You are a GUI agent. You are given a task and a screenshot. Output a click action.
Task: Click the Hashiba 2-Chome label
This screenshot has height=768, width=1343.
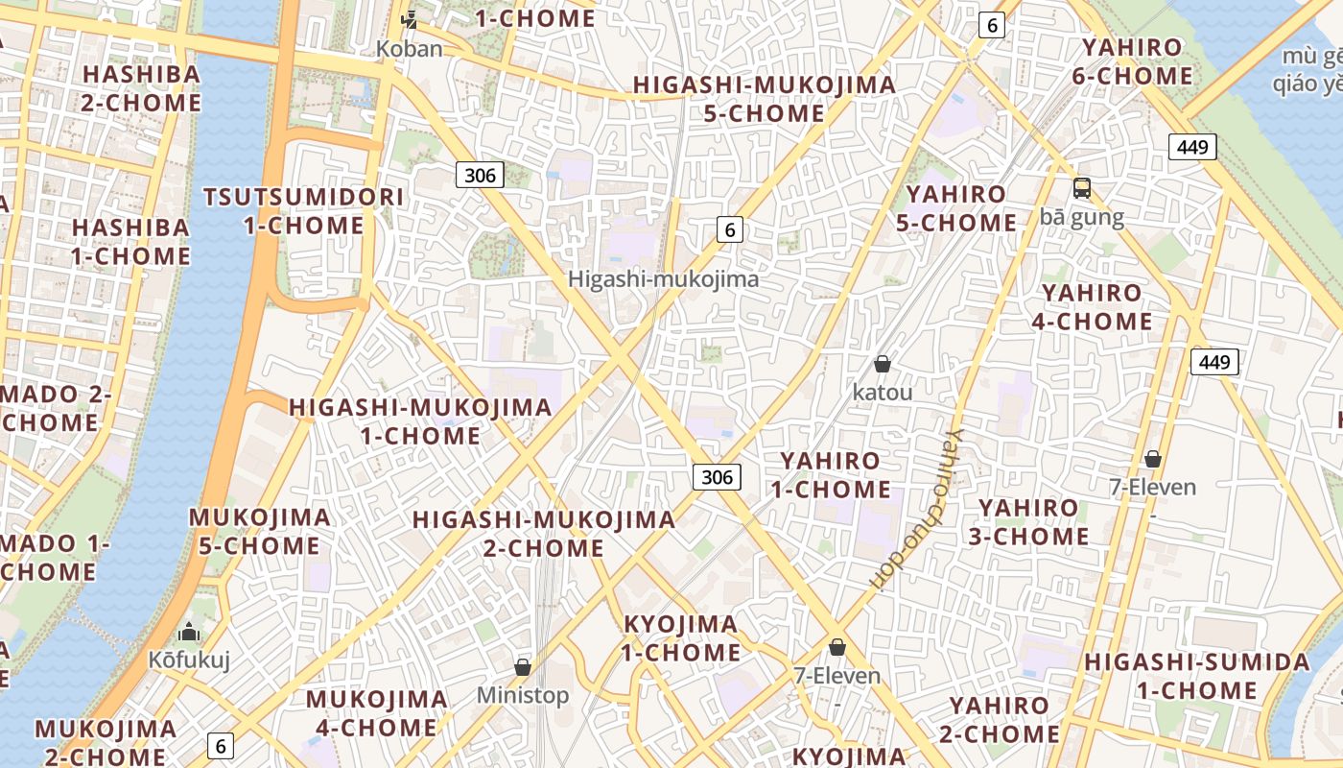coord(141,88)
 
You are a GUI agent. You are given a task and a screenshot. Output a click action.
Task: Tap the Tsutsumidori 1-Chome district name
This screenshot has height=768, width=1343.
coord(303,212)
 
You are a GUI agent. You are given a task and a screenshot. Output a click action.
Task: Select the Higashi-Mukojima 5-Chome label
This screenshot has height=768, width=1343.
coord(765,99)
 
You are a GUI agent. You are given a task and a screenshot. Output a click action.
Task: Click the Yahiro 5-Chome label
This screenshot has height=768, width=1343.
coord(956,208)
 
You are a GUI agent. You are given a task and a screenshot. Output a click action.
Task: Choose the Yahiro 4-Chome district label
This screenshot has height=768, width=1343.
coord(1093,307)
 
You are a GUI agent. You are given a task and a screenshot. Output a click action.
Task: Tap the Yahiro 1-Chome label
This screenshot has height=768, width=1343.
coord(831,475)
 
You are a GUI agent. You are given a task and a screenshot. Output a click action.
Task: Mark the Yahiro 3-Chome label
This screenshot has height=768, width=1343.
coord(1028,522)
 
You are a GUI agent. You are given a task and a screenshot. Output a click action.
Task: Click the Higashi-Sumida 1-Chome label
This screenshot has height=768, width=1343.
coord(1196,676)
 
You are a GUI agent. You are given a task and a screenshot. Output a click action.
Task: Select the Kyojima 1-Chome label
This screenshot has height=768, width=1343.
coord(681,638)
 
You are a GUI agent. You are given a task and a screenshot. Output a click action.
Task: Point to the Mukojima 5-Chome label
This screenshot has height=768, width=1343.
coord(259,532)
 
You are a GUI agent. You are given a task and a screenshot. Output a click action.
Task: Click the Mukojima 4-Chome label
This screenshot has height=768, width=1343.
coord(376,713)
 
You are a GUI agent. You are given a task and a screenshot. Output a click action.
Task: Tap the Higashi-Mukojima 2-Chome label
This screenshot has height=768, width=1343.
coord(544,534)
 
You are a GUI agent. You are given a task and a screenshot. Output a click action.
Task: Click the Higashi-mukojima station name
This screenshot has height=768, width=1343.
coord(664,279)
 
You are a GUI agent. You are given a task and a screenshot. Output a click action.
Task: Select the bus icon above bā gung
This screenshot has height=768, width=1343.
coord(1082,188)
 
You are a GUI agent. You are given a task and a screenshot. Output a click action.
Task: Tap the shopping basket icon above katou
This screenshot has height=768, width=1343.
coord(882,365)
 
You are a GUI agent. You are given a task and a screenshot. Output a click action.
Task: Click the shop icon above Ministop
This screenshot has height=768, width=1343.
coord(523,667)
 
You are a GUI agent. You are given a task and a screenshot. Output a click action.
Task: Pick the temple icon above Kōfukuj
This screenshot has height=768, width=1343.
coord(190,633)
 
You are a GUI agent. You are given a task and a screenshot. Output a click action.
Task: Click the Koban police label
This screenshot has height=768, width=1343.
coord(410,48)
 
